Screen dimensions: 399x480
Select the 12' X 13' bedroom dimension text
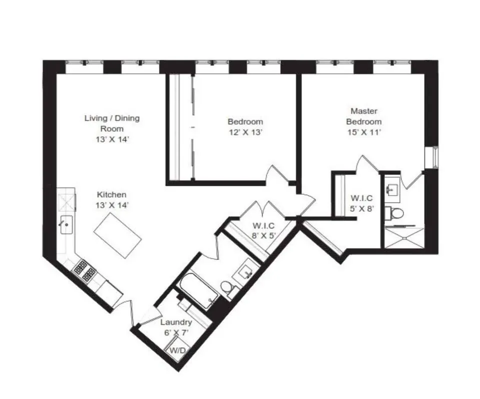(x=245, y=132)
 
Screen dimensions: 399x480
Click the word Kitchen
(x=111, y=195)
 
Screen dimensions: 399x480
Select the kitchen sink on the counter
(x=66, y=225)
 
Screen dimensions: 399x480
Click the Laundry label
(x=176, y=323)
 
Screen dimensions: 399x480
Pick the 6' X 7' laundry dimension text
(x=176, y=332)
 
